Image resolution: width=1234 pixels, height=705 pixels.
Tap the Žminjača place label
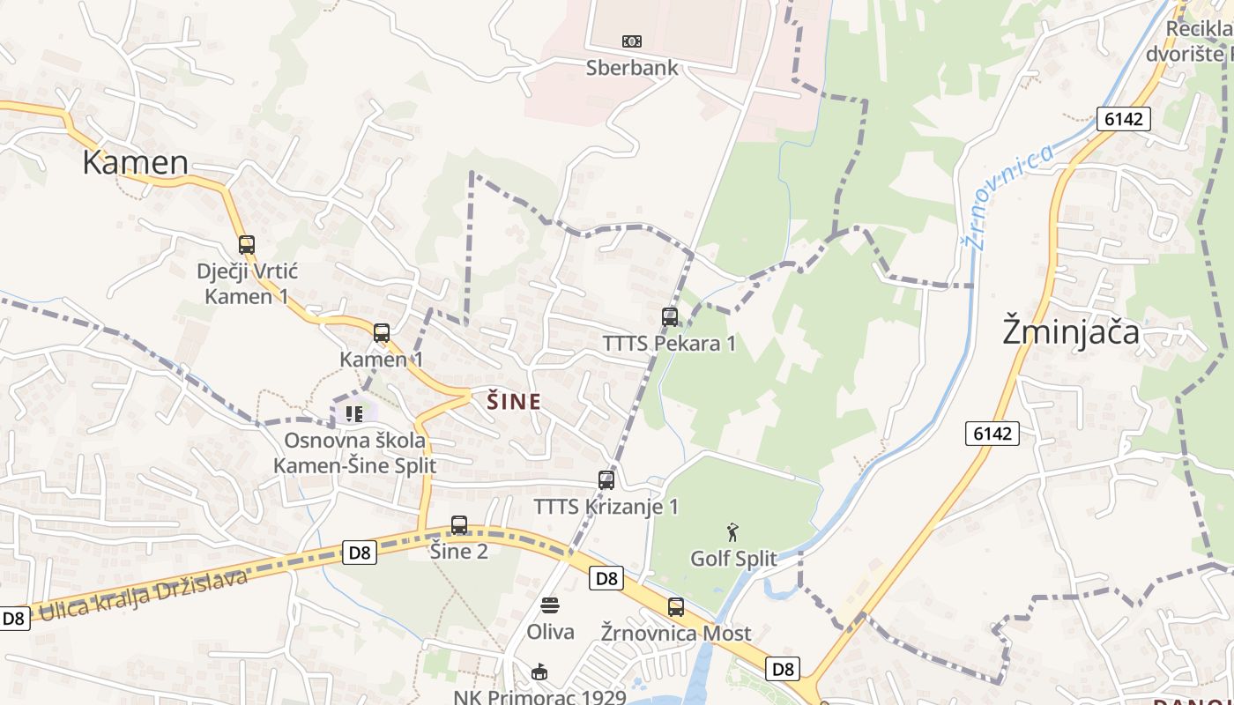point(1071,331)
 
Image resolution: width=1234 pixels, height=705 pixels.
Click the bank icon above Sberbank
point(632,41)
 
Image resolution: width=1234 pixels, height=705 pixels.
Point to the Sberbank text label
point(632,68)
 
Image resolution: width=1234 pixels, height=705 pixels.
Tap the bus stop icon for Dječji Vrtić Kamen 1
point(247,245)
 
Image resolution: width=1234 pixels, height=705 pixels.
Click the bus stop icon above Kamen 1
point(382,333)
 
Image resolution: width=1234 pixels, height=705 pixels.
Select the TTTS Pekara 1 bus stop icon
point(670,317)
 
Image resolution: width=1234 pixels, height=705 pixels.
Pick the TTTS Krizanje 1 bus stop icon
point(606,480)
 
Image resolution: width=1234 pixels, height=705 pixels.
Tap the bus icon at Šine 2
point(459,525)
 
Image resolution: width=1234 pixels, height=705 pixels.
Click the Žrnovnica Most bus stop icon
point(676,607)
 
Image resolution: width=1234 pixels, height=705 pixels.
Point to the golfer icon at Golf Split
point(732,532)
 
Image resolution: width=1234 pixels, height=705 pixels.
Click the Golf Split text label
point(733,559)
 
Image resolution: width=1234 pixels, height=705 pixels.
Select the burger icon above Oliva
point(550,605)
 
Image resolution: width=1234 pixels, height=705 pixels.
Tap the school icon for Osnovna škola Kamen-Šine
point(354,413)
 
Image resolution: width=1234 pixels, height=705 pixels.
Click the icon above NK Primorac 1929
point(539,672)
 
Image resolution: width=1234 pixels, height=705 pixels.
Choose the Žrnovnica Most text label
point(676,633)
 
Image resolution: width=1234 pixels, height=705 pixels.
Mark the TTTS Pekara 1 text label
point(669,344)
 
